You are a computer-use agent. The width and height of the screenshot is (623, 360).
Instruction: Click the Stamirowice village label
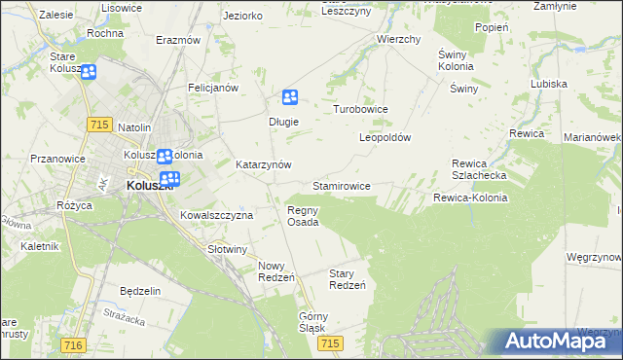(x=341, y=185)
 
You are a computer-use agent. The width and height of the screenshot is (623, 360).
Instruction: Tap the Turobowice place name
(x=361, y=110)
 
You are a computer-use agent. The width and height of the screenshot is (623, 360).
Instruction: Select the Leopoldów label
(x=385, y=137)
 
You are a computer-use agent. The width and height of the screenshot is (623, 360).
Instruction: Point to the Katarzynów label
(x=264, y=165)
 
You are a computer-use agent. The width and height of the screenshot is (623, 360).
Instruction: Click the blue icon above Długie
(x=289, y=97)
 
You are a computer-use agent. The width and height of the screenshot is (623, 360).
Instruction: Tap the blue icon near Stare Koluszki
(x=89, y=72)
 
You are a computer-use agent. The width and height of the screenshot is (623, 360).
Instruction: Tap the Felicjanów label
(x=214, y=88)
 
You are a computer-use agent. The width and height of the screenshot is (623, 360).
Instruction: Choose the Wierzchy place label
(x=398, y=40)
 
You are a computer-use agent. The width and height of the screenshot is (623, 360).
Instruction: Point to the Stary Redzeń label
(x=347, y=279)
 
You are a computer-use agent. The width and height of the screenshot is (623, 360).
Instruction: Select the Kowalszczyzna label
(x=217, y=215)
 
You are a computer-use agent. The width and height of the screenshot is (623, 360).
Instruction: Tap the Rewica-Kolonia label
(x=470, y=198)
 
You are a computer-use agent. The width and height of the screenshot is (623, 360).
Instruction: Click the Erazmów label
(x=178, y=41)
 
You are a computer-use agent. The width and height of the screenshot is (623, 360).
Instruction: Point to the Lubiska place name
(x=549, y=84)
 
